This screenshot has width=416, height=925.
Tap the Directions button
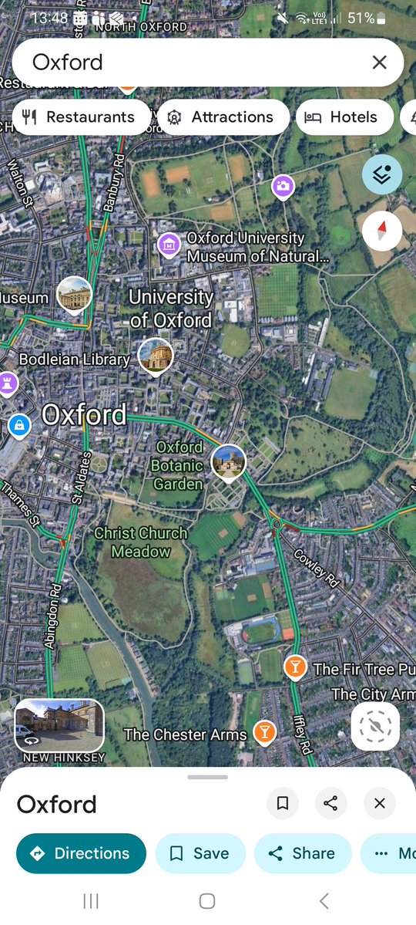[x=81, y=853]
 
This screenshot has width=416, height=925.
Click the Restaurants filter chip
[x=81, y=117]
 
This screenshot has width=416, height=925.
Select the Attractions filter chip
[x=223, y=117]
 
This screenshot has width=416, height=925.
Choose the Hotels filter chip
[x=344, y=117]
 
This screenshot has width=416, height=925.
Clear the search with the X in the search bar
[x=379, y=62]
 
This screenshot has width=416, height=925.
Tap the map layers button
[x=382, y=172]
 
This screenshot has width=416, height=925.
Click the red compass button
[x=382, y=230]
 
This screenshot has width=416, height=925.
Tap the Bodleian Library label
[x=74, y=360]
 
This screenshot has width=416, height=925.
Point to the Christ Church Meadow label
[x=141, y=542]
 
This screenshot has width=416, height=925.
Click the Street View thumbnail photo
[x=59, y=725]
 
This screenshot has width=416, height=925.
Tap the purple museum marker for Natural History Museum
[x=168, y=245]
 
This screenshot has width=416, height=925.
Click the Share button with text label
[x=303, y=853]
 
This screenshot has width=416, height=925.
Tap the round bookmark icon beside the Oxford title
[x=283, y=804]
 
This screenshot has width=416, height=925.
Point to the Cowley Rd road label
[x=317, y=567]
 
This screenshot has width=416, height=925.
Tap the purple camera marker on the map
[x=283, y=185]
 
